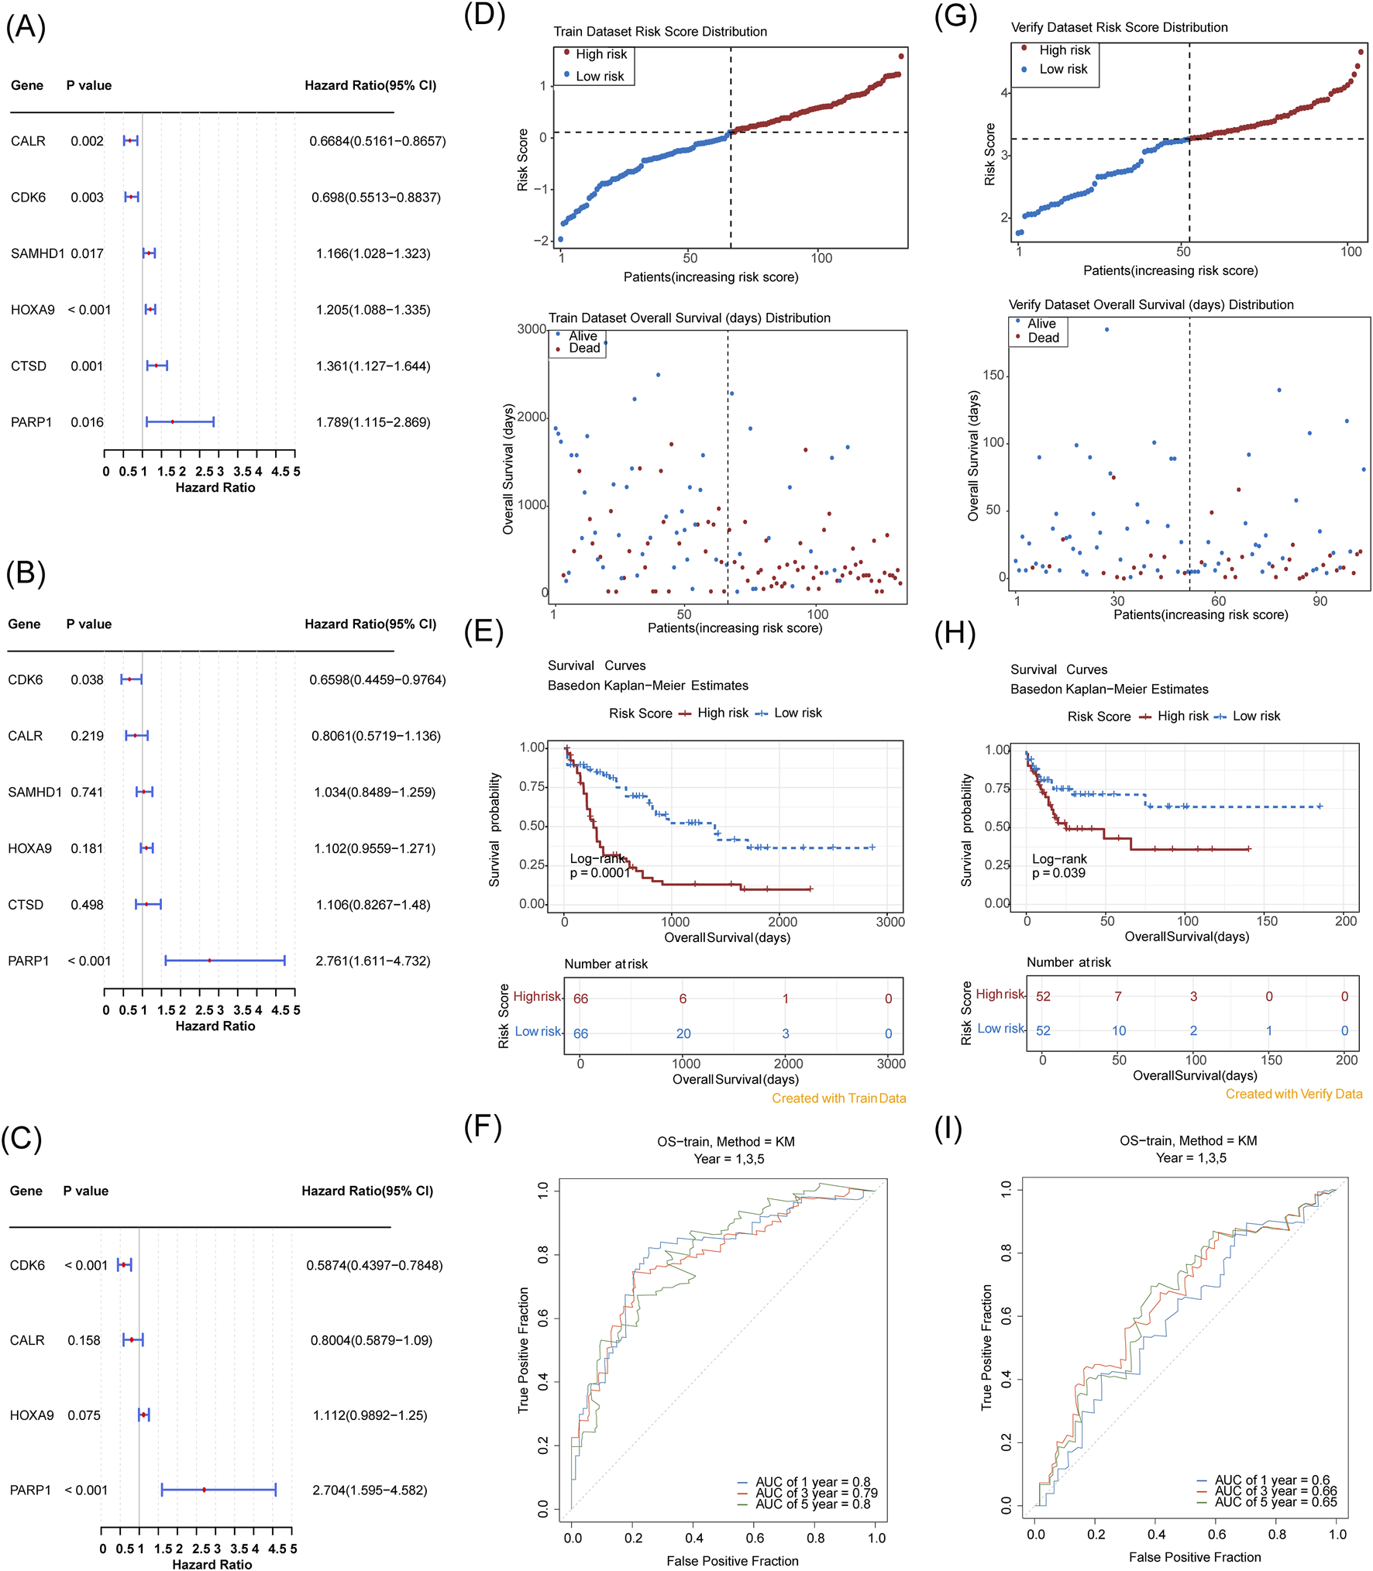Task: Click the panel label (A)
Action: click(26, 27)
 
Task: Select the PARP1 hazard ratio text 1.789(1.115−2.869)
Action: click(373, 422)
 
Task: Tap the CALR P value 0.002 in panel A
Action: click(87, 141)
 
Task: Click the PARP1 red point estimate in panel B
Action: click(209, 961)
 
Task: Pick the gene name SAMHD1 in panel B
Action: click(35, 792)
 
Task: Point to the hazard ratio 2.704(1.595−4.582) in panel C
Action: click(370, 1490)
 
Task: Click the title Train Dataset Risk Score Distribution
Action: click(660, 32)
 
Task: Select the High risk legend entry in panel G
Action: click(1064, 50)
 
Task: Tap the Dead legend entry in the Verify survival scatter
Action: click(1043, 338)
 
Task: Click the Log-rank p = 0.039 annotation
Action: click(1058, 866)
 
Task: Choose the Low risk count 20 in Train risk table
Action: click(683, 1033)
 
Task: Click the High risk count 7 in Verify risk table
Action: click(1117, 996)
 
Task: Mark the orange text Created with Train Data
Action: click(838, 1098)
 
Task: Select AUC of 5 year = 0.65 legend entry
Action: click(1275, 1502)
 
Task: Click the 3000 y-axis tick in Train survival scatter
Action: click(532, 329)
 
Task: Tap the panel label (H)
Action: click(955, 633)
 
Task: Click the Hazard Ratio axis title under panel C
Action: click(212, 1564)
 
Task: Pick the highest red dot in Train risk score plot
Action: click(901, 56)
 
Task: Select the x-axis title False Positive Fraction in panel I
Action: click(1195, 1557)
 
